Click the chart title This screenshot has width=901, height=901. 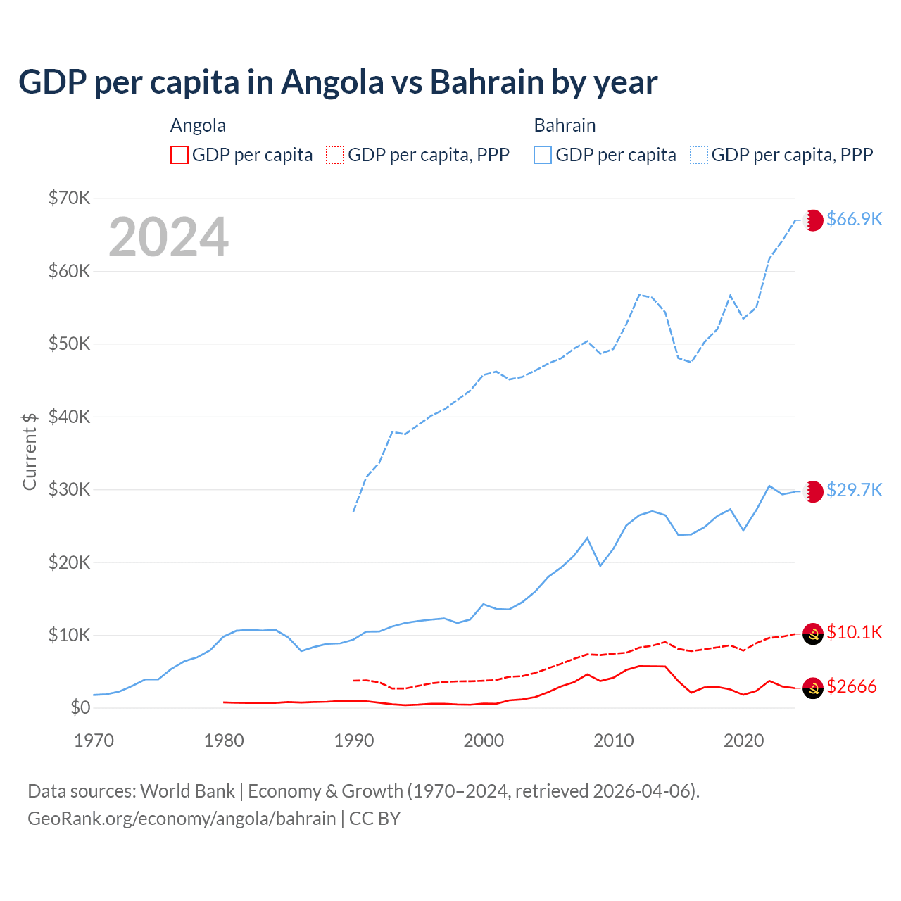point(338,82)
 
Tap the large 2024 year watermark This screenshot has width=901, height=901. point(169,237)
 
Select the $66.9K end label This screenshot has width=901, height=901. point(854,219)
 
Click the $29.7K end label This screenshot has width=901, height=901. point(854,490)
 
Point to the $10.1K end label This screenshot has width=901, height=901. point(854,632)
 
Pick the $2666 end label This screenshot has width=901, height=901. point(852,686)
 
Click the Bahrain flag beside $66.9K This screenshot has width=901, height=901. point(813,220)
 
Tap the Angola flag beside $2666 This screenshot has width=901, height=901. point(813,688)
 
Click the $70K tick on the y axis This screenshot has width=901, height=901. point(69,198)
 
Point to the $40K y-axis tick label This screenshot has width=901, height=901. point(69,417)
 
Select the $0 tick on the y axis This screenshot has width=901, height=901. point(80,707)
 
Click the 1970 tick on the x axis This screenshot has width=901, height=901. point(94,741)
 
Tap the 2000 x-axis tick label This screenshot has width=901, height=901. point(484,741)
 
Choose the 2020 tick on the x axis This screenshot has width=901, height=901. point(744,741)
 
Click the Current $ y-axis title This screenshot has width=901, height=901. point(30,451)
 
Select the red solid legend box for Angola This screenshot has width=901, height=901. point(179,155)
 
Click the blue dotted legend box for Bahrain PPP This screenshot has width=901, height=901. point(699,155)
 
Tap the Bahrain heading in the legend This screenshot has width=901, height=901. point(565,125)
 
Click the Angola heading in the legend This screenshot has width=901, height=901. point(198,125)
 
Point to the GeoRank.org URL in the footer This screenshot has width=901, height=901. point(182,819)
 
